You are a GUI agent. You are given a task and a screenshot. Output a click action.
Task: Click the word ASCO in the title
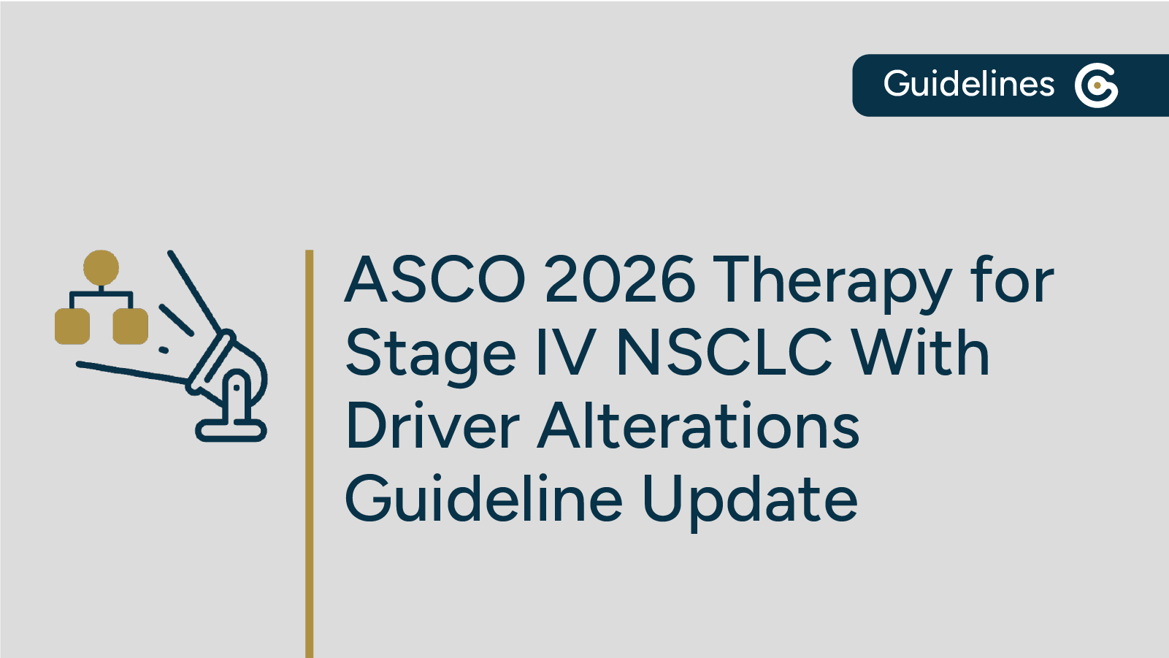coord(435,280)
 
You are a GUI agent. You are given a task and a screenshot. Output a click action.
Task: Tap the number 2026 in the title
coord(620,280)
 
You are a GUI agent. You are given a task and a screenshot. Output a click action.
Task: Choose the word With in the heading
coord(921,353)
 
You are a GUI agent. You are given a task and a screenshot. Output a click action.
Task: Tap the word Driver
coord(432,426)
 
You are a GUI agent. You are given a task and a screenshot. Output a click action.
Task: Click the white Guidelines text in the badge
coord(968,84)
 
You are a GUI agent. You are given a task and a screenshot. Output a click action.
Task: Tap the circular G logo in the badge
coord(1096,85)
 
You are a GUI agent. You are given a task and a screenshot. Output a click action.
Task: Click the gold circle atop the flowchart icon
coord(101,267)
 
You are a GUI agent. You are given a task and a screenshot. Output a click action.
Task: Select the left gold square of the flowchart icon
coord(72,326)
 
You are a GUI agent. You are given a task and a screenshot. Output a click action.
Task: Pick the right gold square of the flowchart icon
coord(131,326)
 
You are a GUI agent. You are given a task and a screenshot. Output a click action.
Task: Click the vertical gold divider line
coord(310,453)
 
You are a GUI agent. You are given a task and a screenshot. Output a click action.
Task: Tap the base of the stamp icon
coord(231,430)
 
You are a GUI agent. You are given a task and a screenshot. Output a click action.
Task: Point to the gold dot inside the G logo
coord(1097,85)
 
